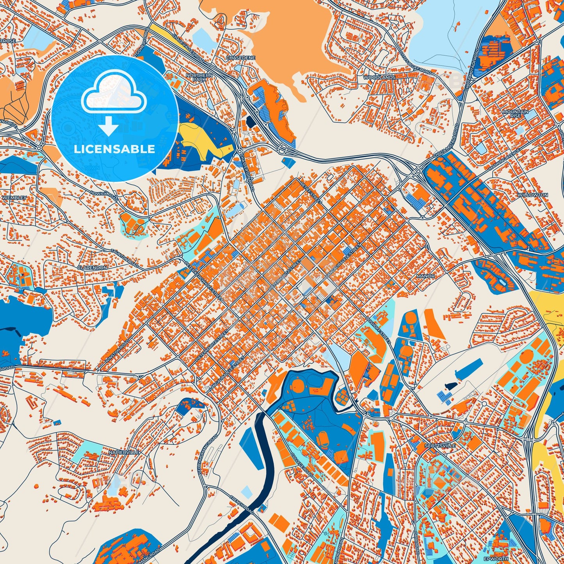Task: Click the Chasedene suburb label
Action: coord(240,58)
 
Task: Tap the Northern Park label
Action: coord(199,77)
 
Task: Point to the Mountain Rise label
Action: coord(515,114)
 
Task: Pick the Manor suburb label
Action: coord(425,276)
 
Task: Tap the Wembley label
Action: coord(14,198)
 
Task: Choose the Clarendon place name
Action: coord(92,268)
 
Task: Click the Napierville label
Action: coord(125,452)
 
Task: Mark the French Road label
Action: coord(242,505)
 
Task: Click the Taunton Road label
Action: coord(125,258)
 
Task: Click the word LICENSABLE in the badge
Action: coord(114,149)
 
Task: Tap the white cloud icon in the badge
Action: coord(114,94)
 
